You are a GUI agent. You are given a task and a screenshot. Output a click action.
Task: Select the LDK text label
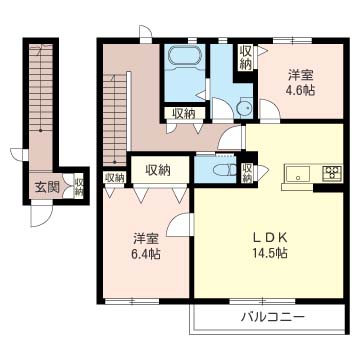pos(270,237)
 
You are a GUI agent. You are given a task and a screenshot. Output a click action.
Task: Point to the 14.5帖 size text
pos(270,253)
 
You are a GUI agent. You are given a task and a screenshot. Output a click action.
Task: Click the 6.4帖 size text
pos(147,253)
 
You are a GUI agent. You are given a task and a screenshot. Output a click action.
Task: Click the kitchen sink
pos(296,176)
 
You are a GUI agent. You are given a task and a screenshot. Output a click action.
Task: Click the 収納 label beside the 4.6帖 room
pos(246,57)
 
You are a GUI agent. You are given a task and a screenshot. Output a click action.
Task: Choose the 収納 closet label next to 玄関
pos(79,186)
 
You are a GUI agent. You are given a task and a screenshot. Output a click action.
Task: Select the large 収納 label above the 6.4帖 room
pos(157,170)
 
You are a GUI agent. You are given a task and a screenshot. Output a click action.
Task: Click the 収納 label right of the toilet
pos(248,173)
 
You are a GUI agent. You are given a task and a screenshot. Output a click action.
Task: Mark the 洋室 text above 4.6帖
pos(302,73)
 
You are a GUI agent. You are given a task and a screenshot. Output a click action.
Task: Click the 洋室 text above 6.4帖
pos(147,238)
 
